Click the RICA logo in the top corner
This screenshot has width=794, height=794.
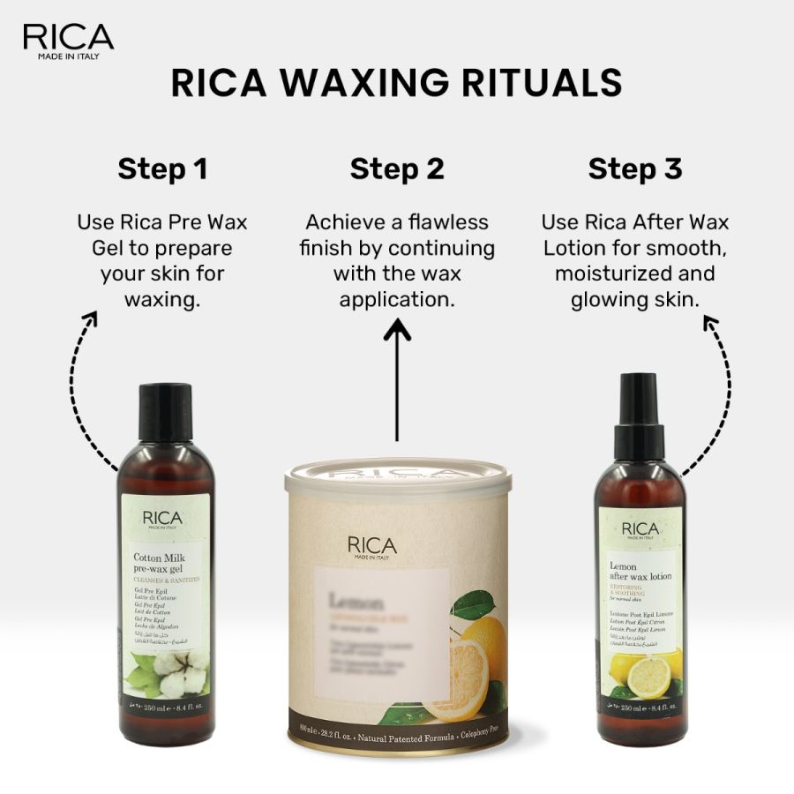tap(68, 41)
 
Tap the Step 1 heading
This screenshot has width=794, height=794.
tap(162, 169)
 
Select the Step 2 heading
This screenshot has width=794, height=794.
tap(397, 169)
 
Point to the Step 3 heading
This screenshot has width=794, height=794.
tap(635, 169)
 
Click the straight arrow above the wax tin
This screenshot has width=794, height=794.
tap(397, 379)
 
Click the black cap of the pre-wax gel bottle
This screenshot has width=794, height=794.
tap(164, 411)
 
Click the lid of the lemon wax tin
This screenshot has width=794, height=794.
tap(397, 484)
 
